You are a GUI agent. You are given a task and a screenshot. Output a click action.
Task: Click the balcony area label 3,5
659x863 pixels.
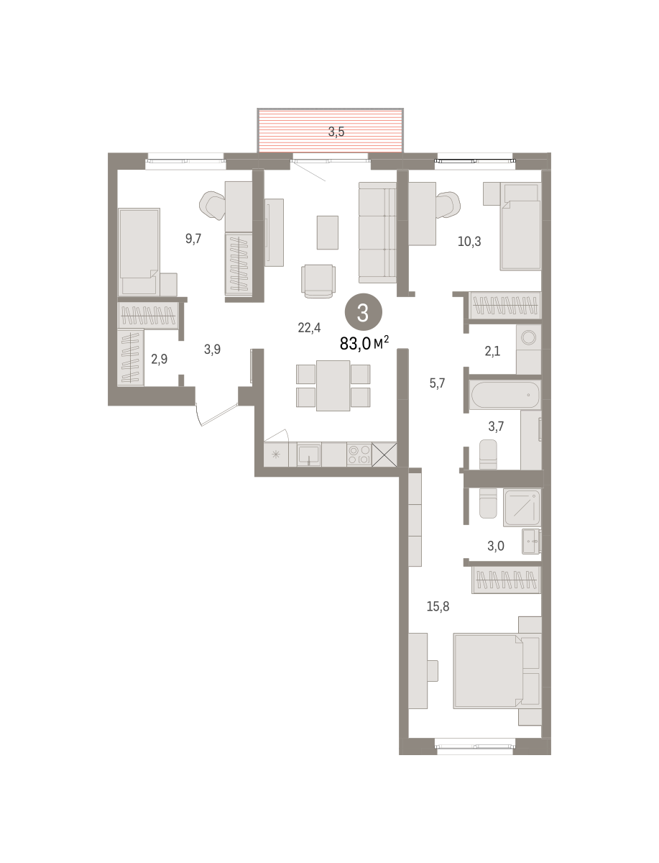[x=336, y=132]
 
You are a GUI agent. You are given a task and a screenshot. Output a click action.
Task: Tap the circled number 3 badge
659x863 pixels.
[x=363, y=313]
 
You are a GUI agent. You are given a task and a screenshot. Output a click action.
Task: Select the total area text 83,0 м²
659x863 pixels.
[x=364, y=343]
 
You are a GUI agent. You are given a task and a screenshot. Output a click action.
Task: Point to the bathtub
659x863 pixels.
[x=505, y=395]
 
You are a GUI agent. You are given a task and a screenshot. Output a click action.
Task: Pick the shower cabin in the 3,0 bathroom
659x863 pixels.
[x=522, y=508]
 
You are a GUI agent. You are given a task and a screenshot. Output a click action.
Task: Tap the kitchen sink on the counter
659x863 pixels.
[x=309, y=455]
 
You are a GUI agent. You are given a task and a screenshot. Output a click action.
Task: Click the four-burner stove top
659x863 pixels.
[x=359, y=455]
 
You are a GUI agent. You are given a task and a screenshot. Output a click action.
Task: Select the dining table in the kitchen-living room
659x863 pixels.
[x=333, y=385]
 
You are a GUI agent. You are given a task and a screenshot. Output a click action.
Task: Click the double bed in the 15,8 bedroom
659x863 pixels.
[x=488, y=672]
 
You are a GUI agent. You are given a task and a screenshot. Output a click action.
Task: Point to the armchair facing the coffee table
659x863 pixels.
[x=318, y=280]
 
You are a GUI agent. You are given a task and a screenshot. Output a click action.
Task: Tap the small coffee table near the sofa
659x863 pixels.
[x=328, y=232]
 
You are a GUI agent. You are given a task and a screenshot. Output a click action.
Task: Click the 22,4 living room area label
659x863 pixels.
[x=309, y=327]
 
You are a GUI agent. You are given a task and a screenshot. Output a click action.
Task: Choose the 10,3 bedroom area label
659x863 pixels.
[x=469, y=242]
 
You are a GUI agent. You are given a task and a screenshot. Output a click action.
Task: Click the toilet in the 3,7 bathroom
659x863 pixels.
[x=488, y=455]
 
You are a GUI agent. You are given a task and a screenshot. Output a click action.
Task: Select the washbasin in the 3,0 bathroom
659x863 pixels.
[x=531, y=542]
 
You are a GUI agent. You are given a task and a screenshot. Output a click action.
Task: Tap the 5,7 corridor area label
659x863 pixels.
[x=437, y=383]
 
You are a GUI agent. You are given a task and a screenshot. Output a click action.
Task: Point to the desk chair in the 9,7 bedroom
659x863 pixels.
[x=213, y=205]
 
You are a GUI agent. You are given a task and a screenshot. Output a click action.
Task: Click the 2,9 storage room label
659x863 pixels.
[x=159, y=359]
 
